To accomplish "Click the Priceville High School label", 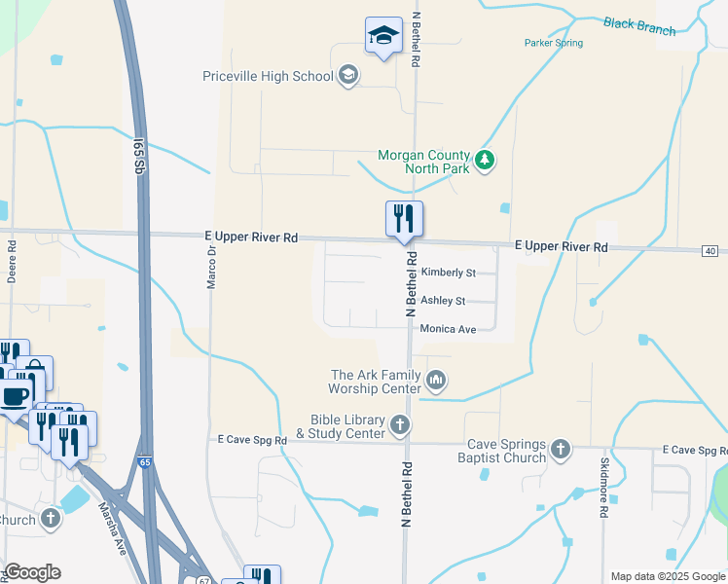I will (x=268, y=76).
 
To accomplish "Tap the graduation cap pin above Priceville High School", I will (x=383, y=37).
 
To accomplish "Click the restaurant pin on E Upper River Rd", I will (x=403, y=220).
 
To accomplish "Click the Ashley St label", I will (x=442, y=302).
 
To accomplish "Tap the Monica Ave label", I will (x=448, y=330).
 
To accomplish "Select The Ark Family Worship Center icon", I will (x=436, y=381).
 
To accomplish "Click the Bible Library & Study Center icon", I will (x=400, y=424).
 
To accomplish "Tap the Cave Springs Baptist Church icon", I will (x=560, y=449).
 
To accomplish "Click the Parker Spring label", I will (x=553, y=44).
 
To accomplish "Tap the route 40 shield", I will (x=711, y=251).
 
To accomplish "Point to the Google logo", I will (x=32, y=572).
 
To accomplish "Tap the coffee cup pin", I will (x=15, y=396).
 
